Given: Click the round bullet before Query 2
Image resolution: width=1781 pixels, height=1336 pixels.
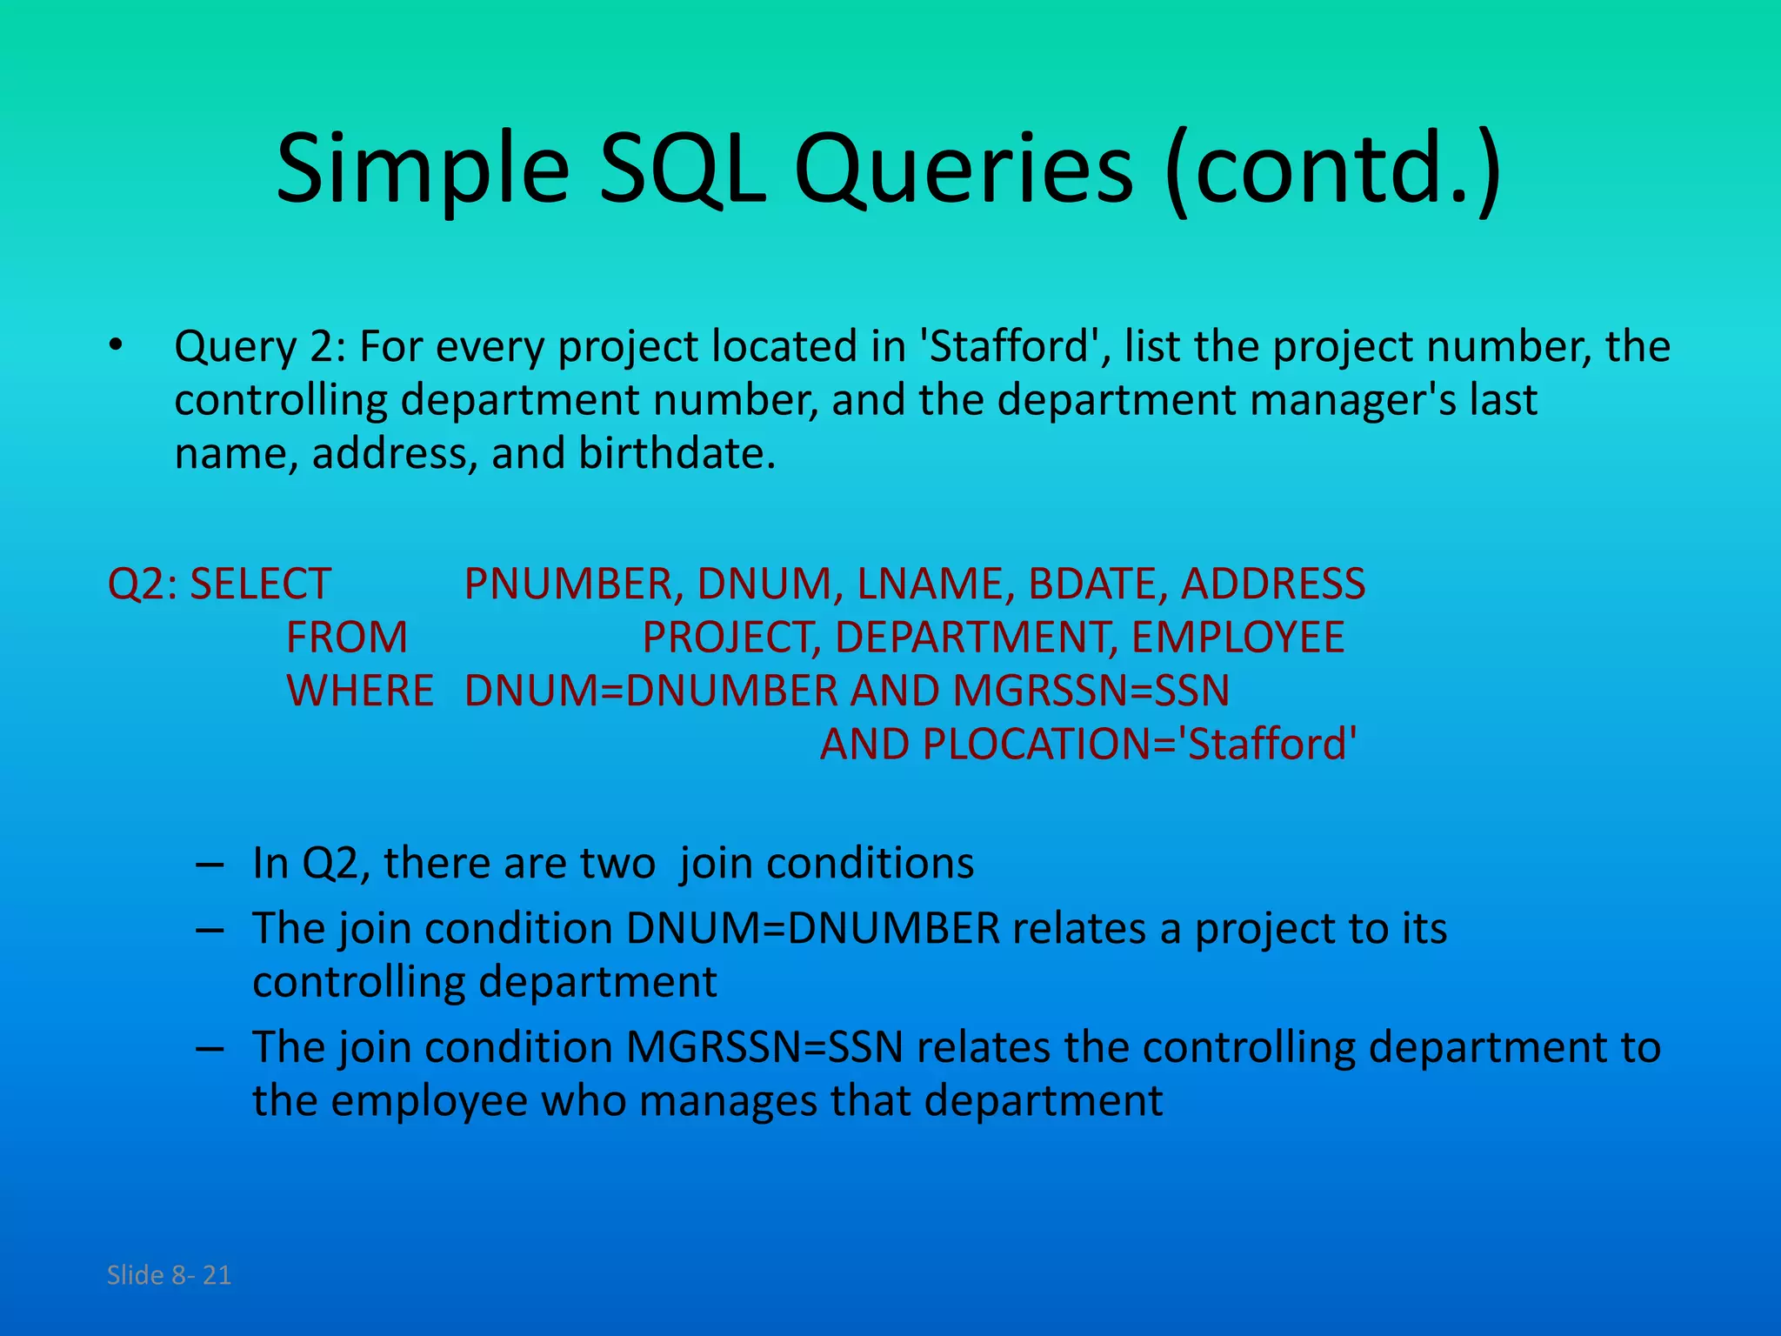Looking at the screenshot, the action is [117, 347].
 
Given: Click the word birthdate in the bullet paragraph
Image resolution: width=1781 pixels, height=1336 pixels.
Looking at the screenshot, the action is [677, 453].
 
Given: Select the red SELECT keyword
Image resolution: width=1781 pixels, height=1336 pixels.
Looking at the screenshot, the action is [260, 584].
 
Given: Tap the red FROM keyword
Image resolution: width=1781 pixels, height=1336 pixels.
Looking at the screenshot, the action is [347, 638].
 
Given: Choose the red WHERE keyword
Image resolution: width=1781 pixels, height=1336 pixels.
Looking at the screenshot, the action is [360, 691].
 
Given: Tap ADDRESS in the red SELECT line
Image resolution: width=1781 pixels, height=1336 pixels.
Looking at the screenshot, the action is [1273, 584].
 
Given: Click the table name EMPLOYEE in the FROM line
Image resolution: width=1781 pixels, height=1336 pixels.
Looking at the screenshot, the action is [1237, 638].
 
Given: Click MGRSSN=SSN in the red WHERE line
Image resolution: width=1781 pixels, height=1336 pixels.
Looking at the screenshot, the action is [1091, 691].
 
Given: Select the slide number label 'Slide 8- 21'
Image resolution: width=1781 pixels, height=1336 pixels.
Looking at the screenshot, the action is [170, 1275].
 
